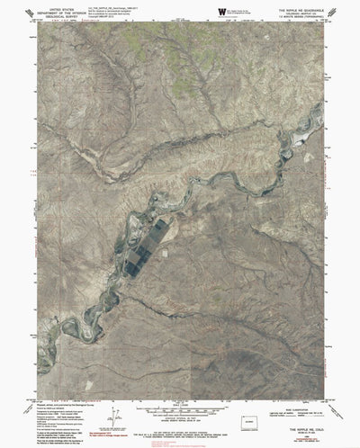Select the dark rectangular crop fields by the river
click(x=148, y=243)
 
